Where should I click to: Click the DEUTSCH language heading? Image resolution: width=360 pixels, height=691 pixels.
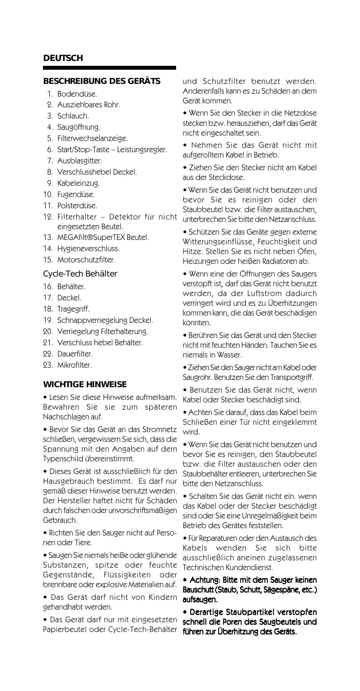(x=63, y=59)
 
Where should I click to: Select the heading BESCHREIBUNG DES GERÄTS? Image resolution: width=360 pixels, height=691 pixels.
(x=102, y=81)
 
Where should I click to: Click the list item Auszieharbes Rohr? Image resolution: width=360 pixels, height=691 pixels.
(x=89, y=105)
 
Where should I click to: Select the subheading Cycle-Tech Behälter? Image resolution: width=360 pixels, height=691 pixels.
(x=80, y=274)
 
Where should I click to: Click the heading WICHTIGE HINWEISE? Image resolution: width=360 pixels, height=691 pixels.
(x=85, y=384)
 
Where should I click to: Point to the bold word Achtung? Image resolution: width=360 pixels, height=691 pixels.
(x=204, y=580)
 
